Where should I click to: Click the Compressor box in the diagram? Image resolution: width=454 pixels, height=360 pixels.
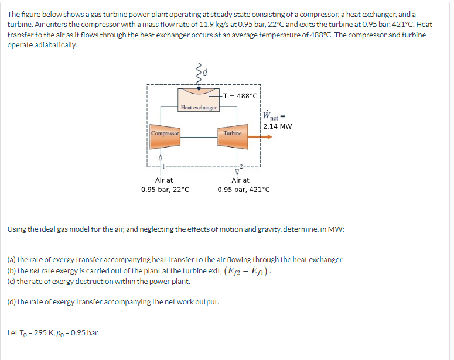click(x=164, y=133)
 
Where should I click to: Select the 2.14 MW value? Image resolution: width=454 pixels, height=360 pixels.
click(x=278, y=126)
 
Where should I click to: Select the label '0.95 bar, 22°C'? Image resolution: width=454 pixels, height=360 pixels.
click(x=165, y=190)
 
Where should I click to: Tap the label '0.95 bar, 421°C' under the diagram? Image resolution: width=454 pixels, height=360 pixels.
click(x=244, y=190)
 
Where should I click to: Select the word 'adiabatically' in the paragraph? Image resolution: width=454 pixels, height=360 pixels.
click(x=57, y=45)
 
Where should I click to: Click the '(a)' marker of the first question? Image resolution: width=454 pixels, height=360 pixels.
click(x=12, y=259)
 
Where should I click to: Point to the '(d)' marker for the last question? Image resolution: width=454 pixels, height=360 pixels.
click(x=12, y=302)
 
